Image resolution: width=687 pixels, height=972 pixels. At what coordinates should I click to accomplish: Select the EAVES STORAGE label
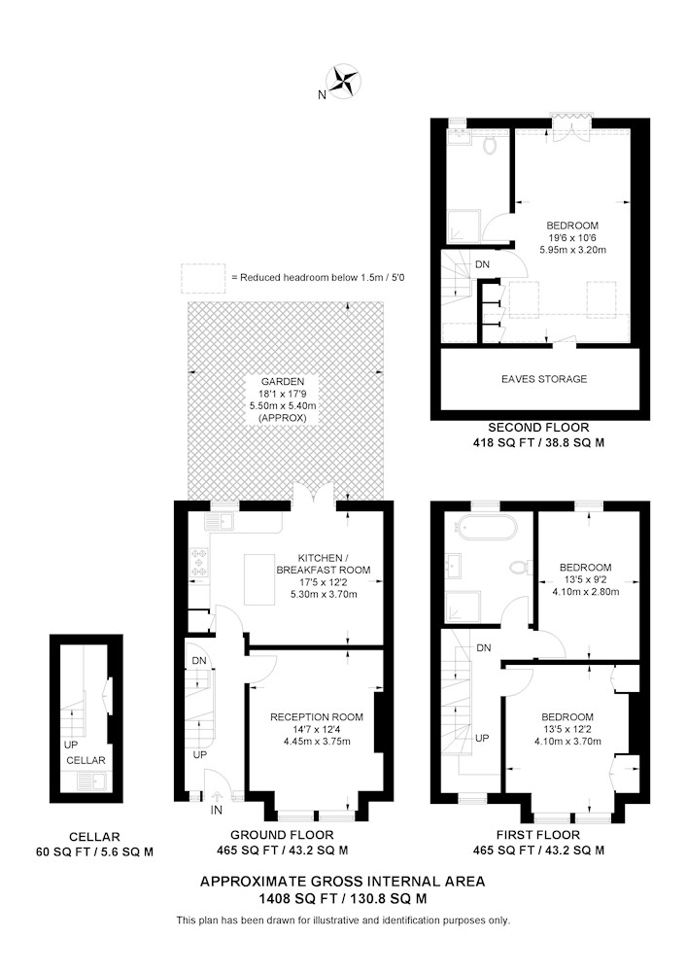544,379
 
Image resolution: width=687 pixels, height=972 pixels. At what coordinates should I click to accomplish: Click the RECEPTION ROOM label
317,717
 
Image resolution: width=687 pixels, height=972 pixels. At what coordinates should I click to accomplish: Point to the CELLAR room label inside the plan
86,760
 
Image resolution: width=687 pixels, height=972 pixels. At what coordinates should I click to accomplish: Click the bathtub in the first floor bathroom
485,528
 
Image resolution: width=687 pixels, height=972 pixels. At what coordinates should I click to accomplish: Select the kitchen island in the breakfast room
259,579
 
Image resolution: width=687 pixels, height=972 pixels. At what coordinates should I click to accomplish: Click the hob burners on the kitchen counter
199,562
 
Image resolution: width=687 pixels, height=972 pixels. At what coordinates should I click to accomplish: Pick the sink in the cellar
92,782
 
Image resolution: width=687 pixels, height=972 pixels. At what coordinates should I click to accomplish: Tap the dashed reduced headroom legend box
203,278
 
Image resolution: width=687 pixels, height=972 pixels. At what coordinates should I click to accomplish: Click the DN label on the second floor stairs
482,264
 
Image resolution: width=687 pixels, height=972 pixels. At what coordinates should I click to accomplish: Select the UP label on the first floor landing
482,738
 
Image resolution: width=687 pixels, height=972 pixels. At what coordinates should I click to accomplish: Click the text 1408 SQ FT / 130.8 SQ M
343,898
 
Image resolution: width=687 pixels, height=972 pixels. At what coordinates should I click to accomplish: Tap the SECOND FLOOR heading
538,427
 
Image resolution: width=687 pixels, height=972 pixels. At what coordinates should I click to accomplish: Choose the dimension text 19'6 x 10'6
572,237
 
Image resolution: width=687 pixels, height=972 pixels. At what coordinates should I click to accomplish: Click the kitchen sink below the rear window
222,522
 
